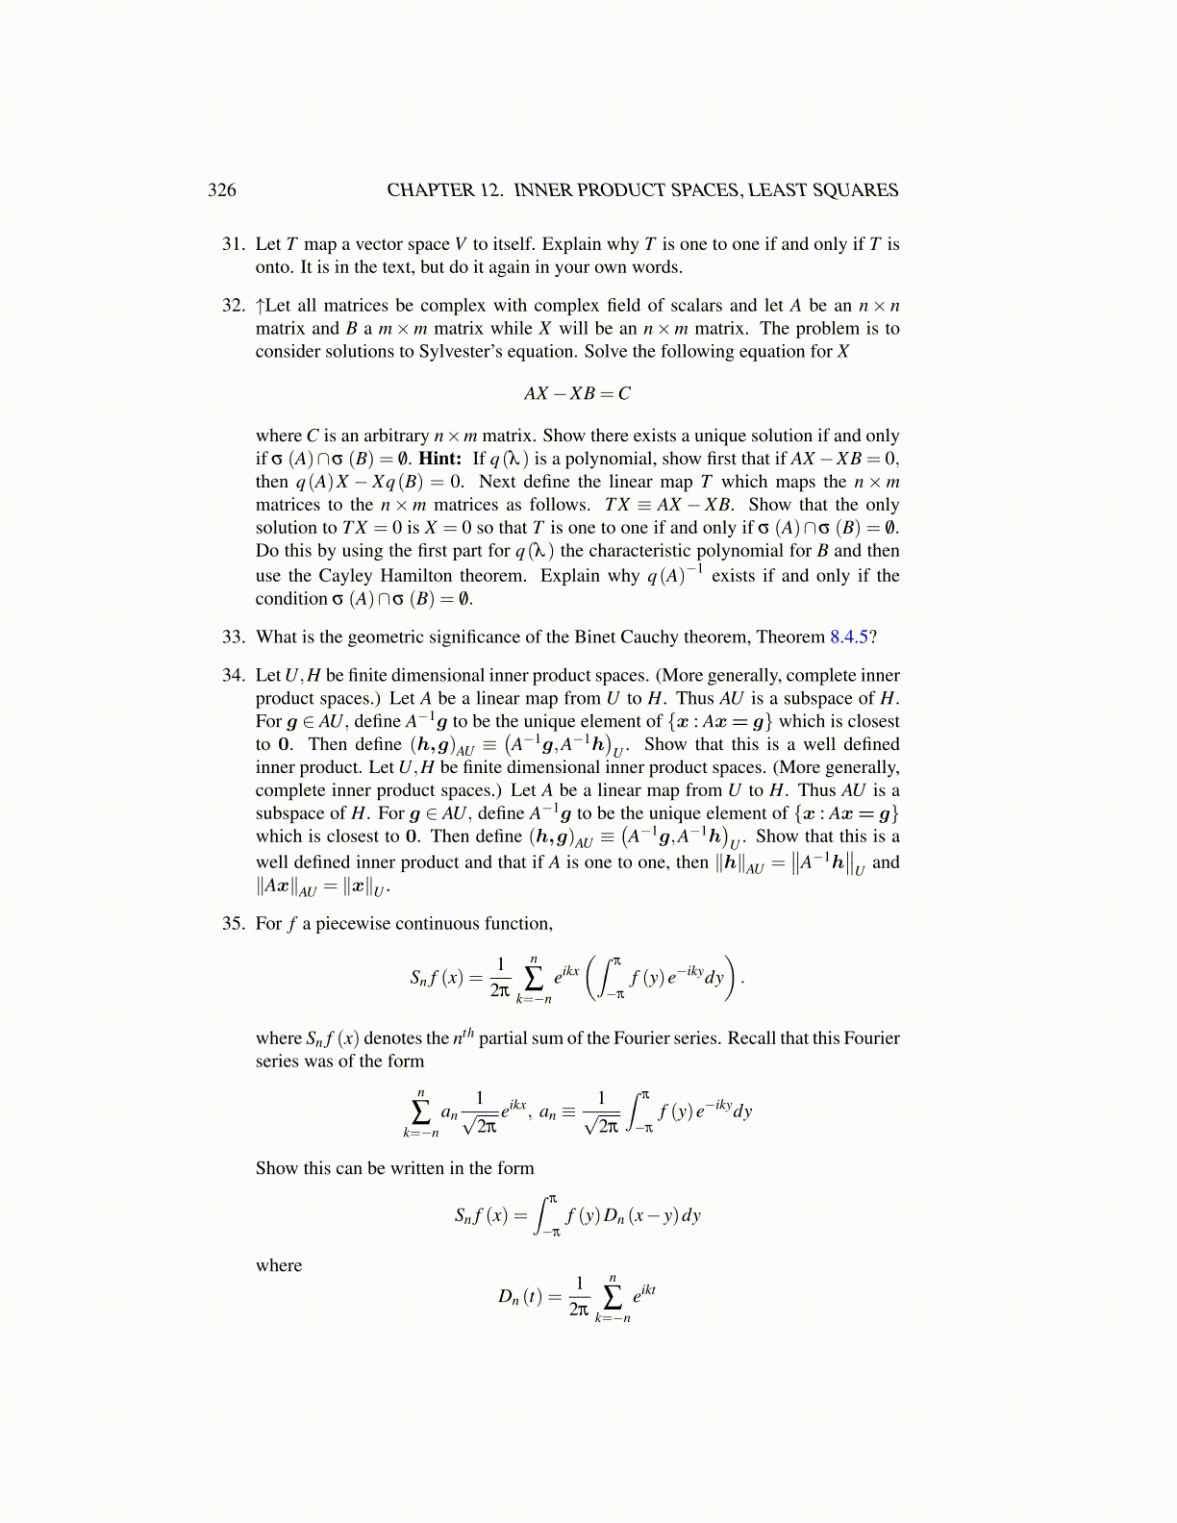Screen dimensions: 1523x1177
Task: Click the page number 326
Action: point(222,190)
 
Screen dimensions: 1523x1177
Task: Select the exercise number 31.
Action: point(234,244)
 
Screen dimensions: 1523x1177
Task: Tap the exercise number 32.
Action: point(234,306)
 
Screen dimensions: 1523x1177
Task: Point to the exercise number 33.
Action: point(234,637)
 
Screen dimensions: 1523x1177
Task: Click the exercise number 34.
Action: point(234,675)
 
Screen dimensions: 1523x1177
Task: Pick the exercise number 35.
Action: point(234,924)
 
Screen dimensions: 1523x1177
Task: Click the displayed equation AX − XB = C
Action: point(577,393)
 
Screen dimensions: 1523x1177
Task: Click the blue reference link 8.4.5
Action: point(849,637)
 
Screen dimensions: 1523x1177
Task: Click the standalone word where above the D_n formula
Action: point(279,1266)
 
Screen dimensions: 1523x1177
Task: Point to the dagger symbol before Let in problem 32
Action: point(260,306)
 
